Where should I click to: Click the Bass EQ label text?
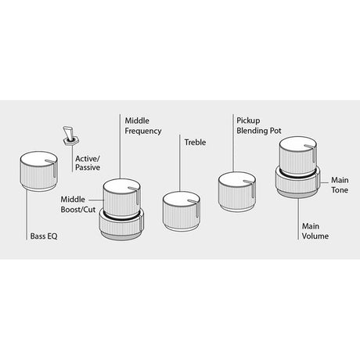tap(44, 236)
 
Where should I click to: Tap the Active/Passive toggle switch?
tap(70, 135)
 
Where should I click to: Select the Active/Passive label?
tap(88, 163)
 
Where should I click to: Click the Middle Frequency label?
tap(143, 126)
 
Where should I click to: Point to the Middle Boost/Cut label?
tap(78, 204)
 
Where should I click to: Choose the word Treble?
tap(195, 142)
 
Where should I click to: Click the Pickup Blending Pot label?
tap(259, 125)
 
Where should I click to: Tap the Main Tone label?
tap(340, 185)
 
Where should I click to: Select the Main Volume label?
tap(315, 231)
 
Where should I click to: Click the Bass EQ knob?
tap(38, 171)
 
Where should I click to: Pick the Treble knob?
tap(182, 211)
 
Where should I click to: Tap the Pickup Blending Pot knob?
tap(237, 192)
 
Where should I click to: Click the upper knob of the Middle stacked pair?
tap(122, 198)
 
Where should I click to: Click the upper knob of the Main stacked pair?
tap(298, 156)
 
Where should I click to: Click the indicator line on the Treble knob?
tap(195, 207)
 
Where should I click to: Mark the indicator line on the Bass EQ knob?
tap(52, 167)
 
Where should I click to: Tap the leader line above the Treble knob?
tap(180, 163)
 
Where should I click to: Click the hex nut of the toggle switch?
tap(70, 141)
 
